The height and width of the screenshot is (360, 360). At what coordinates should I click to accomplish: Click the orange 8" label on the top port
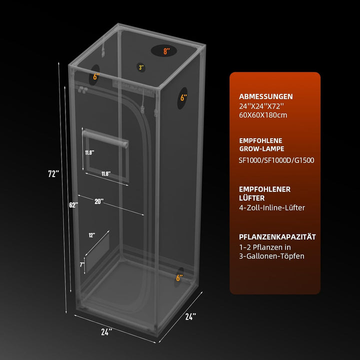click(166, 51)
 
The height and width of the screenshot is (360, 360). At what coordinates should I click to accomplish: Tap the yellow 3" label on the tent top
click(141, 67)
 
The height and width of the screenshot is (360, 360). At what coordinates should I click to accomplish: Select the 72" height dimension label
click(53, 174)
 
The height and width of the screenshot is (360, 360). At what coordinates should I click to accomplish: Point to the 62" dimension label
click(73, 205)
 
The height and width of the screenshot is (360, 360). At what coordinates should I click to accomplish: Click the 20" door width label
click(99, 201)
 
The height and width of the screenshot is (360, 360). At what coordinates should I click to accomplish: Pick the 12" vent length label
click(92, 235)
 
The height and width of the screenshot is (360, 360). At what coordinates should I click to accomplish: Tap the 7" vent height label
click(82, 264)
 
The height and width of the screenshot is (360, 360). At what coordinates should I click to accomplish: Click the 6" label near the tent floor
click(179, 278)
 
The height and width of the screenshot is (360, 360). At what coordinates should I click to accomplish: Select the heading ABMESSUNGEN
click(266, 96)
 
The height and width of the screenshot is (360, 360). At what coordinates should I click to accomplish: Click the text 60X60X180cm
click(263, 115)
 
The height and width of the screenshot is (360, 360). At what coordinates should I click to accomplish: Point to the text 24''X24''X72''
click(261, 106)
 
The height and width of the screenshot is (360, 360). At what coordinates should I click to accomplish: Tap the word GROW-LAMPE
click(261, 149)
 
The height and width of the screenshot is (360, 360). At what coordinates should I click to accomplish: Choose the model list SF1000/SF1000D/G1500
click(276, 160)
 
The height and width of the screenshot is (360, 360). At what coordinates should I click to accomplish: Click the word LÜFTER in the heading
click(252, 197)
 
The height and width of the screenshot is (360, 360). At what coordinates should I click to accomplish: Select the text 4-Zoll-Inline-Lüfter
click(272, 207)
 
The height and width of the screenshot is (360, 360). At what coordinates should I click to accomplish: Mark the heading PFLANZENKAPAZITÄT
click(277, 236)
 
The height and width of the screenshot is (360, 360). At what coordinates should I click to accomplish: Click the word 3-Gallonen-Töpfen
click(271, 256)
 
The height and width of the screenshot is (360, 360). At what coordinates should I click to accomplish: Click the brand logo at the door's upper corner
click(82, 89)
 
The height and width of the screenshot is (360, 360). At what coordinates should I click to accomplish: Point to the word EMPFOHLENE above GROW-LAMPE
click(260, 140)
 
